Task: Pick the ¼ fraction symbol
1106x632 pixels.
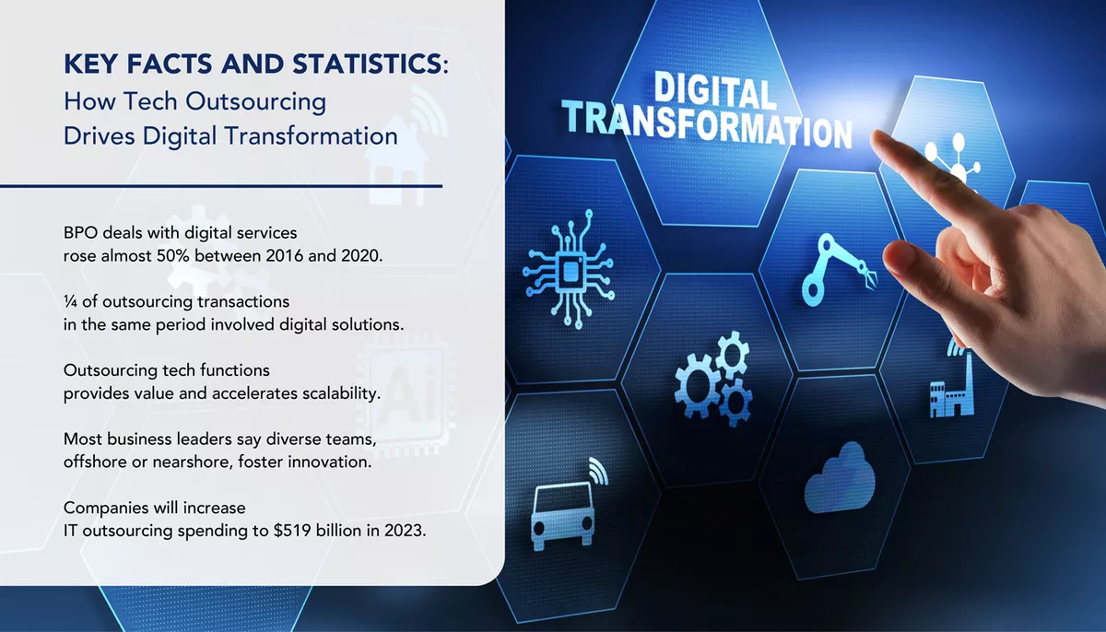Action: coord(69,301)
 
